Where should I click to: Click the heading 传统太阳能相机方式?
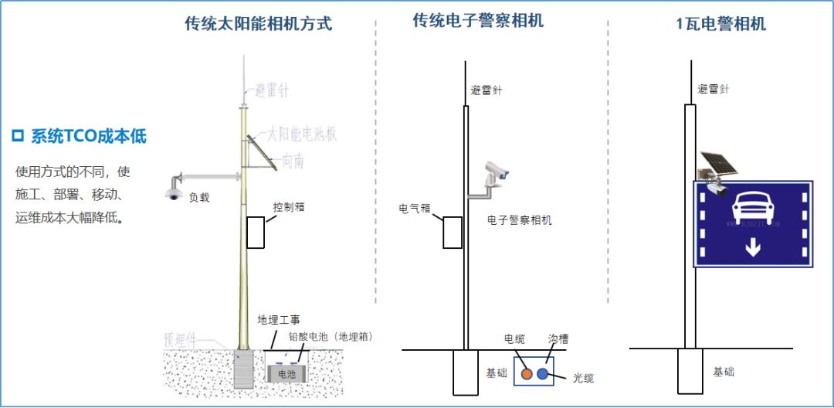[x=258, y=23]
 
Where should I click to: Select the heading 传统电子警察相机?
[x=478, y=21]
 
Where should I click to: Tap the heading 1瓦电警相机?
[x=720, y=23]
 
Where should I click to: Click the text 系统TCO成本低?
[x=88, y=137]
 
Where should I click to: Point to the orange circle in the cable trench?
[x=527, y=374]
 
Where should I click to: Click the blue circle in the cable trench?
[x=543, y=374]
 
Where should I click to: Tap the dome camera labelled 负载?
[x=173, y=193]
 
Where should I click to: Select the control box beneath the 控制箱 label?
[x=256, y=233]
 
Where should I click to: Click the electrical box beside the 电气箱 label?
[x=452, y=233]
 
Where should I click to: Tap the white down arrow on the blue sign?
[x=753, y=247]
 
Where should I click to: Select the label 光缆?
[x=583, y=378]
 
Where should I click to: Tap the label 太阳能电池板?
[x=303, y=134]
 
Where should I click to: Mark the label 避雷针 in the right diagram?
[x=714, y=89]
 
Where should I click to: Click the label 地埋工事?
[x=279, y=319]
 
